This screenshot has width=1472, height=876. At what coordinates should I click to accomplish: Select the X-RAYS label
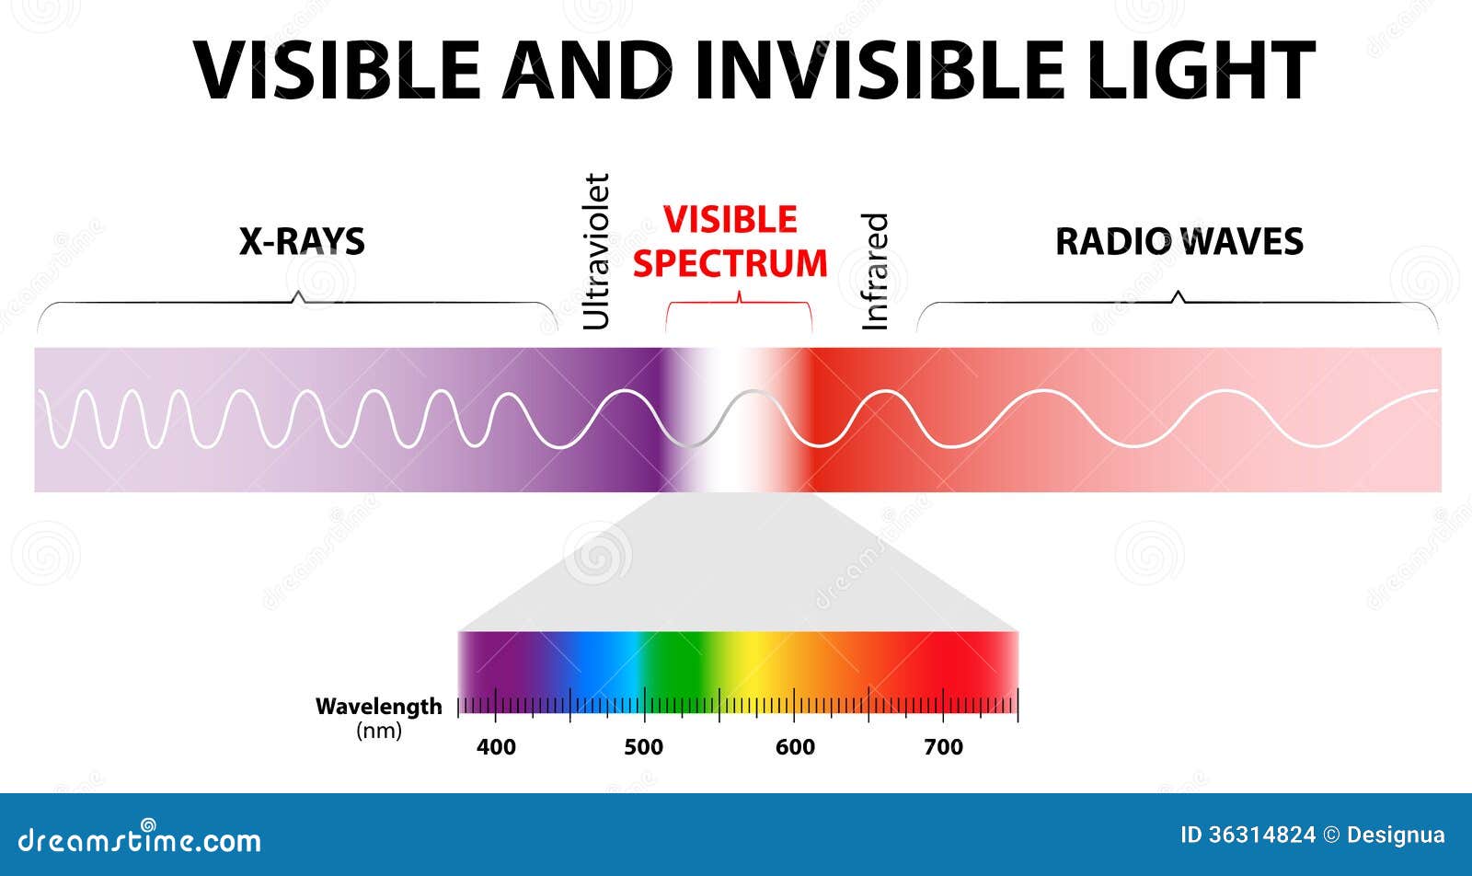pyautogui.click(x=302, y=242)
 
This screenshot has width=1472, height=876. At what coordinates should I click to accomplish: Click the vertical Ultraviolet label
pyautogui.click(x=596, y=251)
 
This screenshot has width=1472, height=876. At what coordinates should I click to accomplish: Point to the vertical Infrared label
pyautogui.click(x=875, y=271)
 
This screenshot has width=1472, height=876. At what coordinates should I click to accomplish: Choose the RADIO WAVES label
pyautogui.click(x=1179, y=242)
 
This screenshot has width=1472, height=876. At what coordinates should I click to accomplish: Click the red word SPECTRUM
pyautogui.click(x=730, y=264)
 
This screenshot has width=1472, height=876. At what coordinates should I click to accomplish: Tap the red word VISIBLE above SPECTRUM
pyautogui.click(x=730, y=220)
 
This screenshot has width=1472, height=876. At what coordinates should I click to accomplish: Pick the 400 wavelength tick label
pyautogui.click(x=496, y=747)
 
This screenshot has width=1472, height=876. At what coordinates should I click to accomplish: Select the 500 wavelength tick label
pyautogui.click(x=644, y=747)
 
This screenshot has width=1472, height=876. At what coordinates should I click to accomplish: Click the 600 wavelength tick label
pyautogui.click(x=795, y=747)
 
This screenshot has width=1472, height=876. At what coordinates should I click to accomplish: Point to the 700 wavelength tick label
pyautogui.click(x=943, y=747)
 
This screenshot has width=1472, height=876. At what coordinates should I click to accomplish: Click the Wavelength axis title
pyautogui.click(x=378, y=707)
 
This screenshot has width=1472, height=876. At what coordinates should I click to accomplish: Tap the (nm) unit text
pyautogui.click(x=379, y=732)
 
